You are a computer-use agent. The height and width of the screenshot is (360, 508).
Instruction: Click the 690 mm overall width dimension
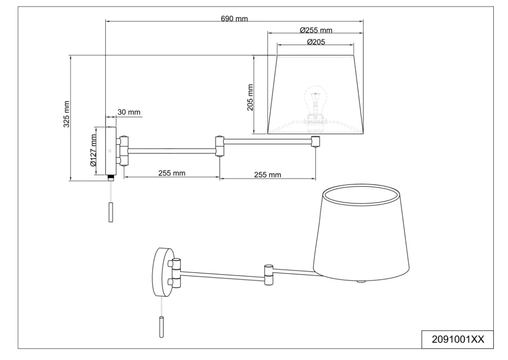click(x=234, y=19)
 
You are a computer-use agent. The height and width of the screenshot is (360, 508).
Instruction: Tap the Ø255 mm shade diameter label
click(x=316, y=30)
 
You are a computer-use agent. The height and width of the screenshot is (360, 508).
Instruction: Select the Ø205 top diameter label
click(x=316, y=42)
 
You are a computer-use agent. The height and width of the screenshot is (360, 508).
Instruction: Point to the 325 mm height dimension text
click(x=67, y=114)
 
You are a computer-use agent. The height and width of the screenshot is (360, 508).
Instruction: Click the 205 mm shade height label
click(x=250, y=98)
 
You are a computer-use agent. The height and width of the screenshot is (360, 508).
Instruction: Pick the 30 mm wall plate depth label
click(x=129, y=112)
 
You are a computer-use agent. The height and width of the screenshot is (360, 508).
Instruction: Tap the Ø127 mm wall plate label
click(x=93, y=150)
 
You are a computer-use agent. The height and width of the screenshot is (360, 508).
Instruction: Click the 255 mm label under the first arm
click(x=172, y=173)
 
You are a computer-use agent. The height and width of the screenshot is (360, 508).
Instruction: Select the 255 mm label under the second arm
click(x=267, y=175)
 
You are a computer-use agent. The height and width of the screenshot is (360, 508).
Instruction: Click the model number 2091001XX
click(x=458, y=339)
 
